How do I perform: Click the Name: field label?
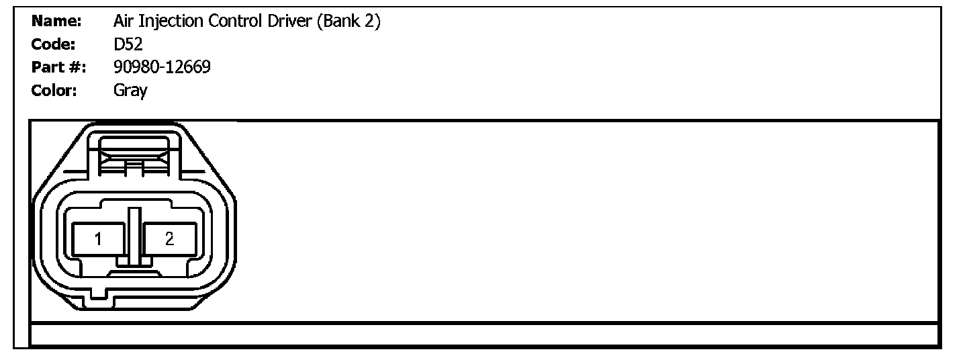56,21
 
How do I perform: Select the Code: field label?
54,44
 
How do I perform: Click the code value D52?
128,44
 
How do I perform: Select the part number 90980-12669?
163,67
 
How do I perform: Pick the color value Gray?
130,91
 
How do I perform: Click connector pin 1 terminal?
98,239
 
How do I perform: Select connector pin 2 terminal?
169,239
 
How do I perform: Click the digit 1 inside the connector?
98,239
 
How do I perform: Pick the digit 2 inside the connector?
169,239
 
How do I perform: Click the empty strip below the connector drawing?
483,334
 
